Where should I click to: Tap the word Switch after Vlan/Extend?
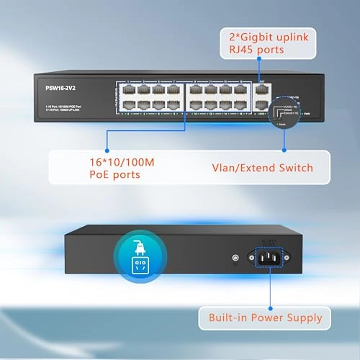click(295, 168)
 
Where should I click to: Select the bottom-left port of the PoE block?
click(130, 106)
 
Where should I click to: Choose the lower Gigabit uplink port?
click(262, 106)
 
